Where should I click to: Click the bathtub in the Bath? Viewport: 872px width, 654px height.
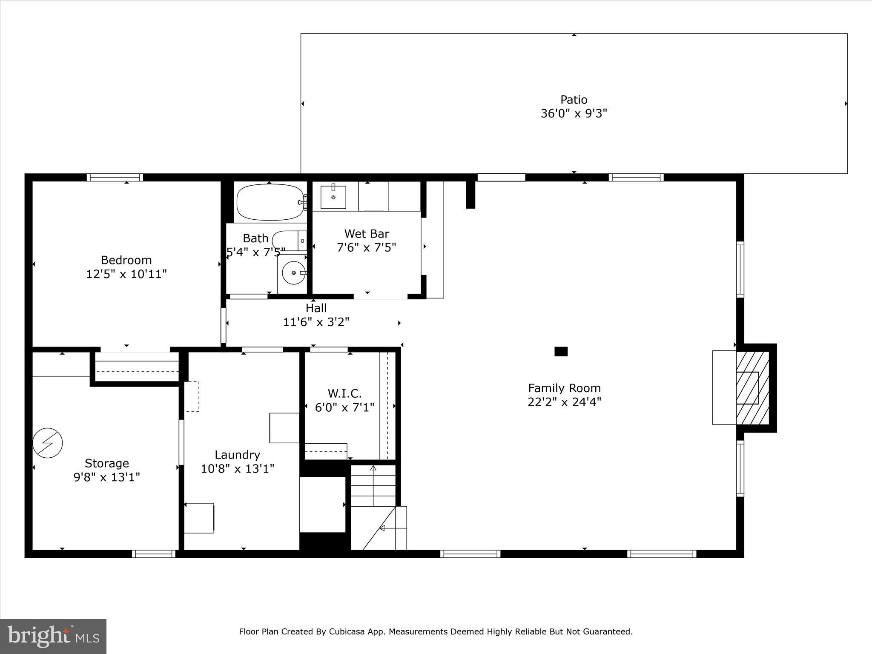pyautogui.click(x=270, y=202)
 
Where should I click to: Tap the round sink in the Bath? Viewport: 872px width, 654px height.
pyautogui.click(x=294, y=272)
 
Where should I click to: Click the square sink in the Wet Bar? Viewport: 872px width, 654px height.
pyautogui.click(x=333, y=197)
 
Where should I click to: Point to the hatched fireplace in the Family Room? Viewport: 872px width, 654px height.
pyautogui.click(x=752, y=388)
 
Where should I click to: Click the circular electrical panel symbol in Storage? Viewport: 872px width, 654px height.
pyautogui.click(x=48, y=443)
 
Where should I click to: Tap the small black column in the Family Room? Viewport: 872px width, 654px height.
pyautogui.click(x=561, y=351)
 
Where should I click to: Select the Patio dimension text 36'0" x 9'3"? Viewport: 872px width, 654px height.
pyautogui.click(x=574, y=114)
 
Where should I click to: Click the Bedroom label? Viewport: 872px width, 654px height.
pyautogui.click(x=126, y=260)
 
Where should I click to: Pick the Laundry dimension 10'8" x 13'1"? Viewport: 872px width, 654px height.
pyautogui.click(x=237, y=469)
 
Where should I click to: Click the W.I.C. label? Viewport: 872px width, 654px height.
pyautogui.click(x=344, y=393)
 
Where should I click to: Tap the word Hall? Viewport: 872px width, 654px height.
pyautogui.click(x=316, y=308)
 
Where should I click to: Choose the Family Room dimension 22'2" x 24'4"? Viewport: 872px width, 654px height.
pyautogui.click(x=564, y=402)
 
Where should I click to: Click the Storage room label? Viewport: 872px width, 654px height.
pyautogui.click(x=106, y=463)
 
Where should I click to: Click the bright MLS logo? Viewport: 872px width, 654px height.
pyautogui.click(x=53, y=636)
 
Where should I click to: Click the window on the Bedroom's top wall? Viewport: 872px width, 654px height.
pyautogui.click(x=115, y=177)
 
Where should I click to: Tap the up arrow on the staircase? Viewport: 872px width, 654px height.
pyautogui.click(x=373, y=469)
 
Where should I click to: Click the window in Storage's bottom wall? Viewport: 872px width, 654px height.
pyautogui.click(x=154, y=554)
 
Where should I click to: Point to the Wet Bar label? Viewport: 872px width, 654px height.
pyautogui.click(x=367, y=233)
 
